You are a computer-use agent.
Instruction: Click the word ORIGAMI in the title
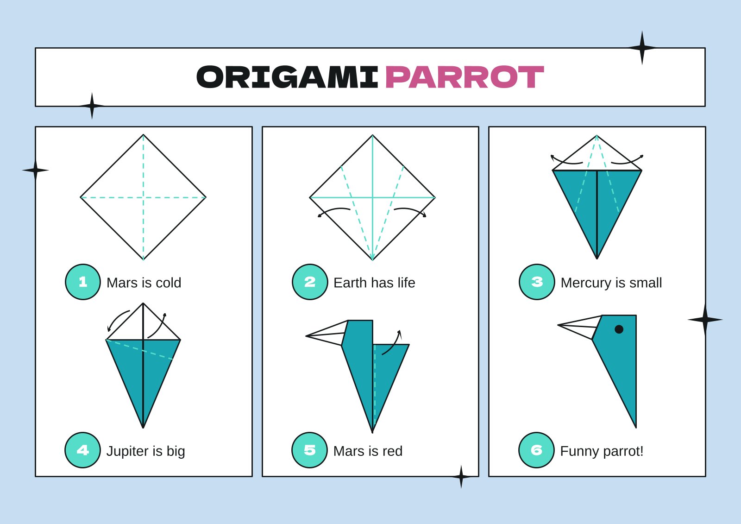[x=287, y=77]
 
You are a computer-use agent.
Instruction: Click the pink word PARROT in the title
[x=464, y=77]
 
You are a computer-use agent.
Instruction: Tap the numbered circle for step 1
[x=83, y=282]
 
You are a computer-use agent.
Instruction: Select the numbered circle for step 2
[x=310, y=282]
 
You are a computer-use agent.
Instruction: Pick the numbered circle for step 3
[x=537, y=282]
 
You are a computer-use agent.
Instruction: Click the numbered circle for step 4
[x=82, y=450]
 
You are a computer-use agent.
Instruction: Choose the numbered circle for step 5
[x=309, y=450]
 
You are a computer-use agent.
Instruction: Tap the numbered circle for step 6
[x=536, y=450]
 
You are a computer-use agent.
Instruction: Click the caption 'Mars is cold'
[x=144, y=283]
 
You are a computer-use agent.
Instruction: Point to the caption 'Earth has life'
[x=374, y=283]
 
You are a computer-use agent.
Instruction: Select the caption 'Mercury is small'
[x=611, y=283]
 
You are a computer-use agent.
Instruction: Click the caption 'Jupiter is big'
[x=145, y=451]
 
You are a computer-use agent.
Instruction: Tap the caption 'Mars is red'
[x=368, y=451]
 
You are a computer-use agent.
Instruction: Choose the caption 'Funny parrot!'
[x=602, y=451]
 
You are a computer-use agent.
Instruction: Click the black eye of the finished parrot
[x=619, y=329]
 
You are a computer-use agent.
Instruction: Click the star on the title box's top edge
[x=642, y=48]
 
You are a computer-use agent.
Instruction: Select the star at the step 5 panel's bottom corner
[x=461, y=476]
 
